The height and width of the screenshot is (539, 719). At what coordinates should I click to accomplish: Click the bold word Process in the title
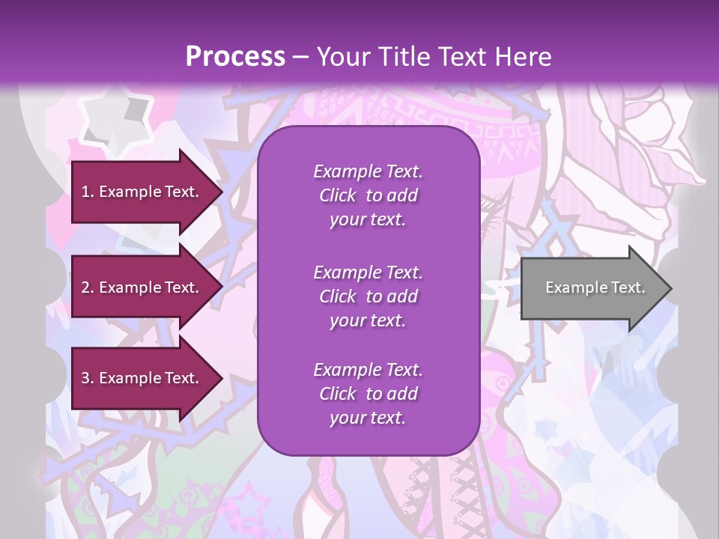pyautogui.click(x=235, y=57)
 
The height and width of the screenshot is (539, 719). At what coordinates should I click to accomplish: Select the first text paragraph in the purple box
pyautogui.click(x=368, y=195)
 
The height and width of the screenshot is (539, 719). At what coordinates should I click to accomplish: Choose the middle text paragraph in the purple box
pyautogui.click(x=368, y=296)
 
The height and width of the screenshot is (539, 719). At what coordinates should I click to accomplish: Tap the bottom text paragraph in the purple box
pyautogui.click(x=368, y=394)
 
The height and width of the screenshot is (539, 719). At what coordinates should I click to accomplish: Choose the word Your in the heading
pyautogui.click(x=344, y=57)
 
